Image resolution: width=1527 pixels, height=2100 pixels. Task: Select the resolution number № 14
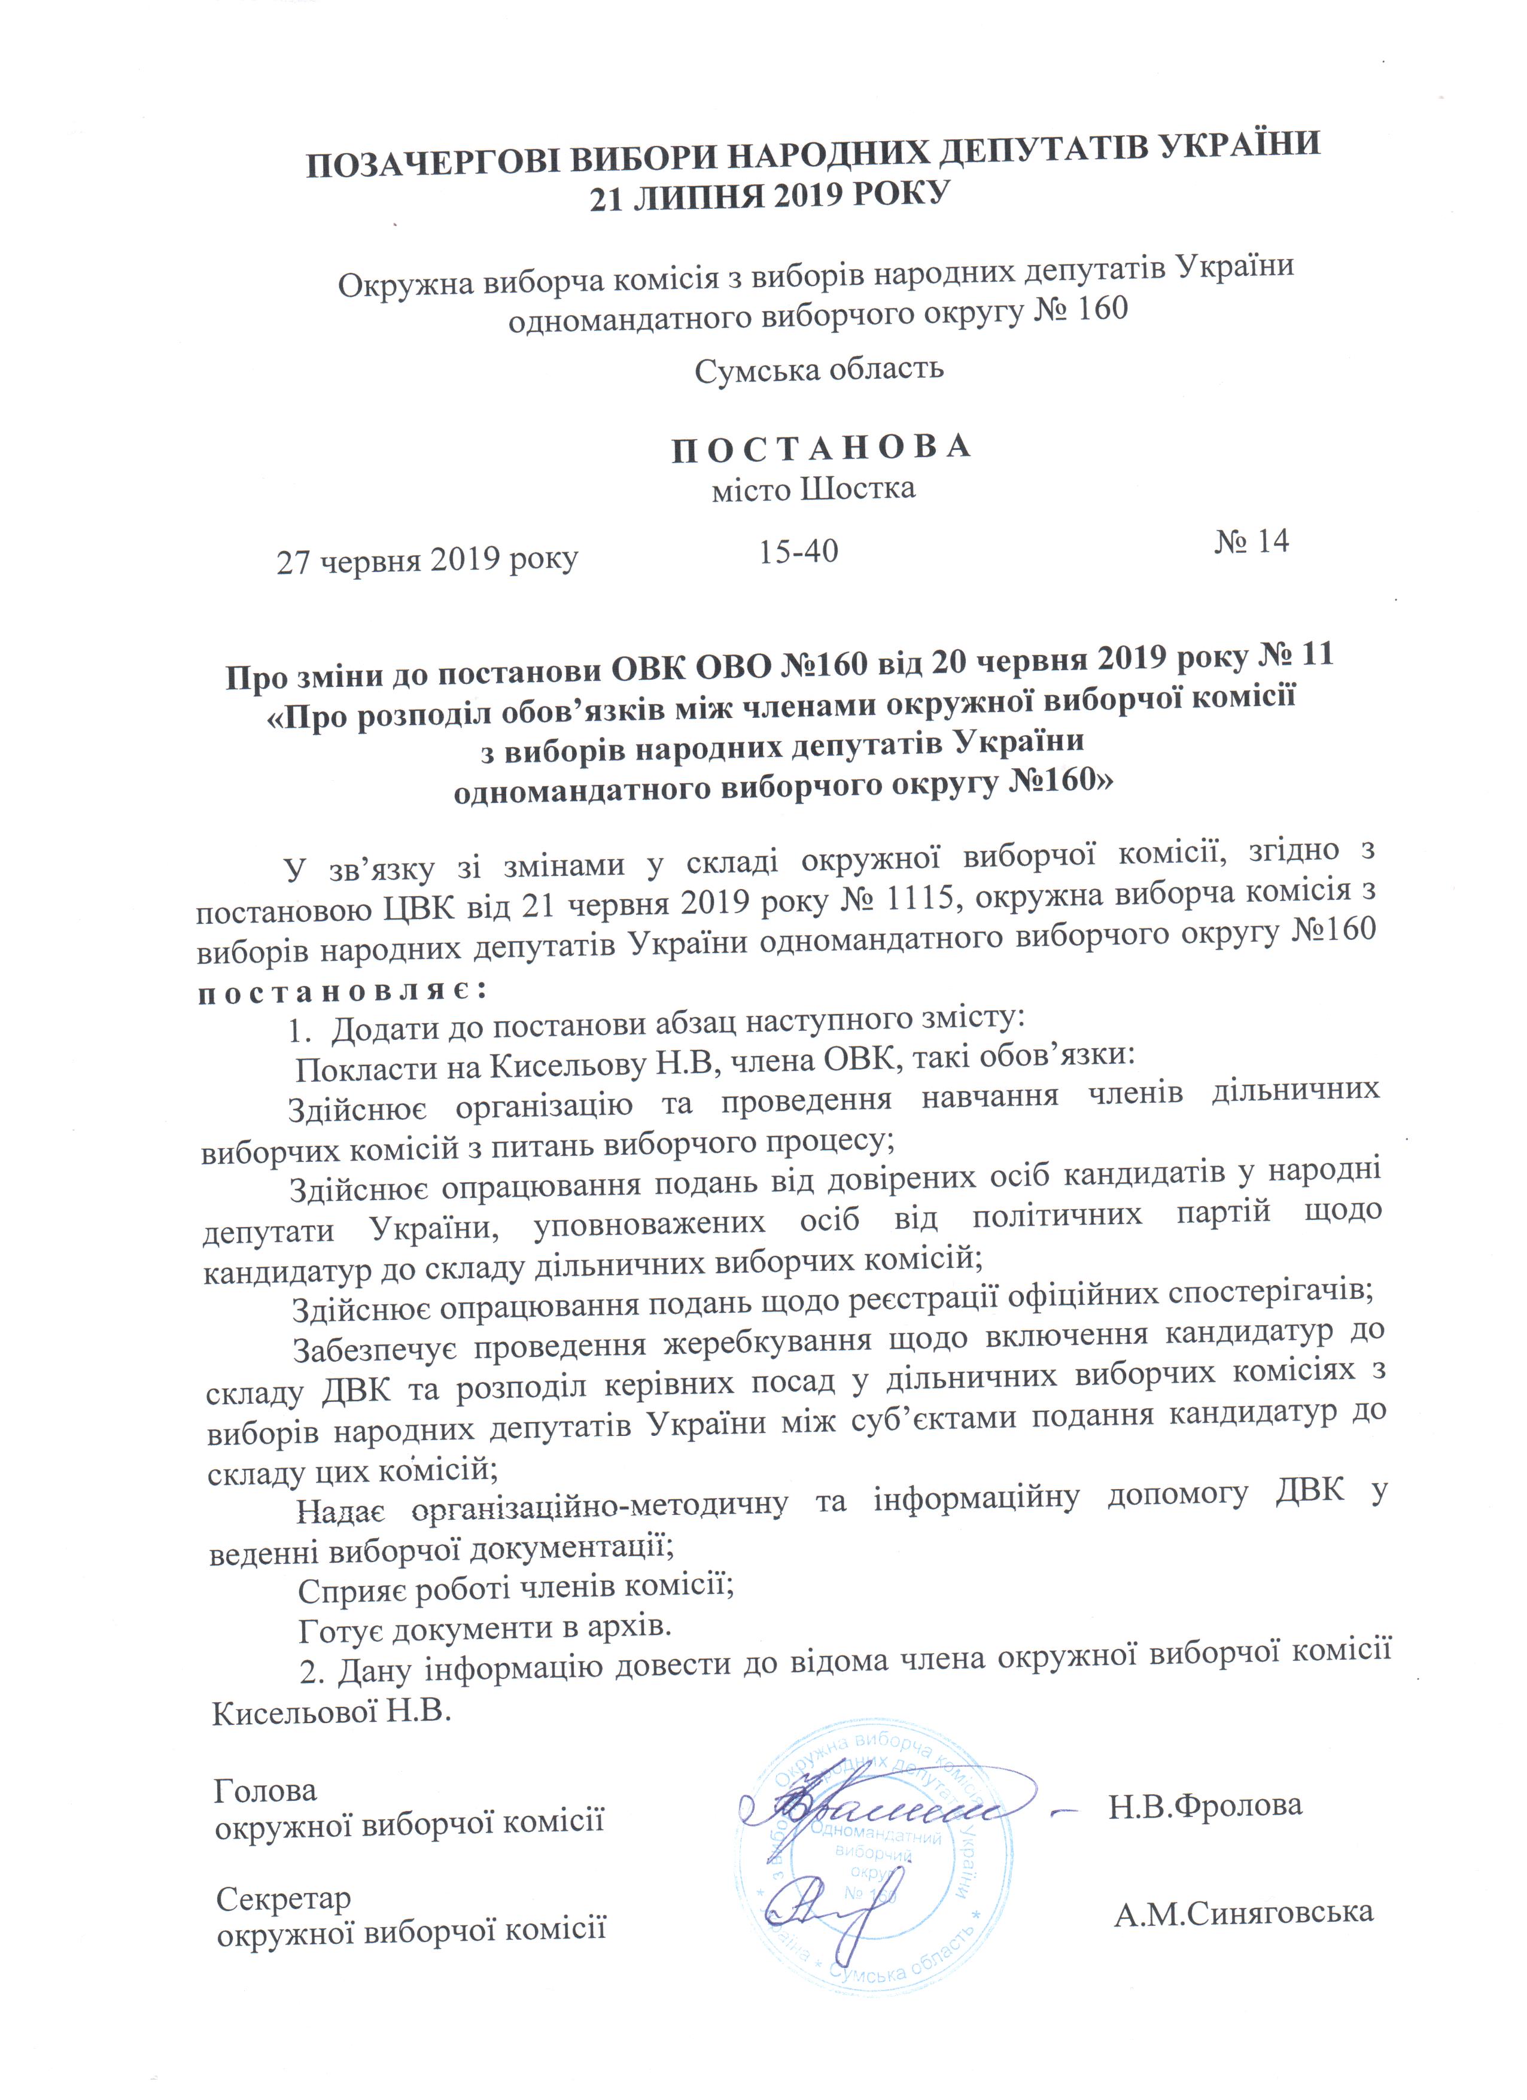tap(1251, 541)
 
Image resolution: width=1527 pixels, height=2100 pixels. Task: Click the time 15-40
tap(798, 552)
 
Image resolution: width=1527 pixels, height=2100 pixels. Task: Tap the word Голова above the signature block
tap(265, 1792)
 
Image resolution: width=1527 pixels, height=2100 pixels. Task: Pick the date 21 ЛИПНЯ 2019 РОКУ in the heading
tap(771, 196)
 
